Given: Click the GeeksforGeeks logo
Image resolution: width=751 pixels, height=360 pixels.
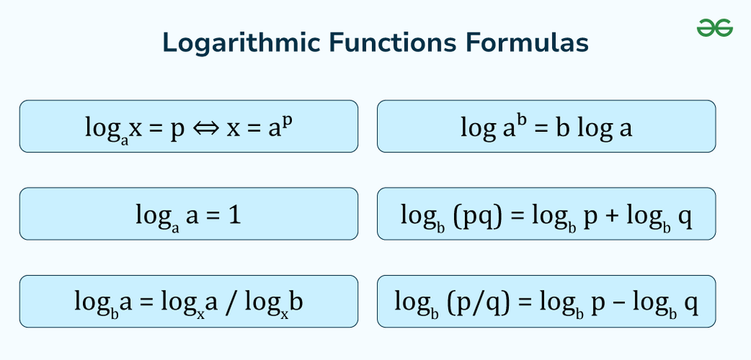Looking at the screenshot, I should tap(714, 28).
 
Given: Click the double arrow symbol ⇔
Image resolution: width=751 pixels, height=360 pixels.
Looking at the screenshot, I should tap(206, 128).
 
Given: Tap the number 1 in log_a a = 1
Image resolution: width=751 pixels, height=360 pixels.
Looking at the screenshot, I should tap(235, 215).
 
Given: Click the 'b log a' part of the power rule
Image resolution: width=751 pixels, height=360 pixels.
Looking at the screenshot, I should tap(593, 129).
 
